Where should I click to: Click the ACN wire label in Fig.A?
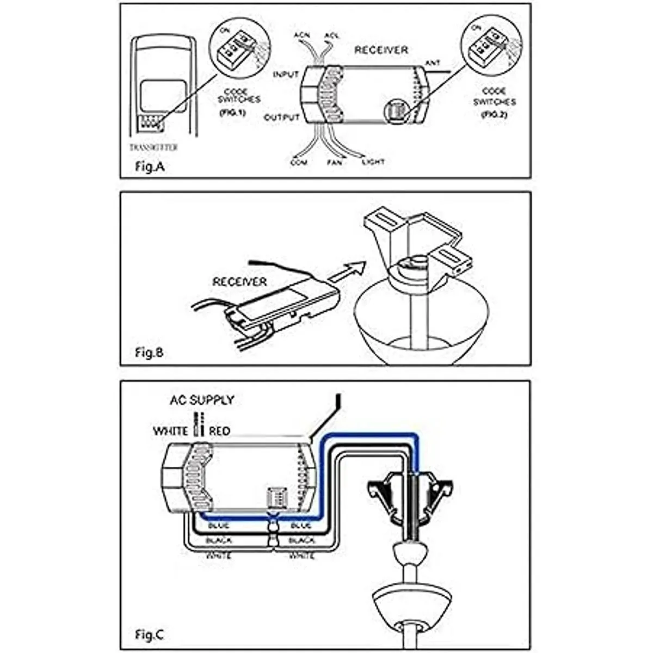[x=302, y=35]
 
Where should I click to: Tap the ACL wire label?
[x=331, y=35]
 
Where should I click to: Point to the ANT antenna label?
[x=433, y=63]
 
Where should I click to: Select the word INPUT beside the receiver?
[x=286, y=74]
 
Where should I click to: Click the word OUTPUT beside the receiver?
[x=281, y=118]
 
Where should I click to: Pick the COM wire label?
[x=299, y=162]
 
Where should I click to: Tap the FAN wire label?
[x=334, y=162]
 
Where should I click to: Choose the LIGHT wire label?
[x=373, y=162]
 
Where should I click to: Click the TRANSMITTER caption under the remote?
[x=154, y=147]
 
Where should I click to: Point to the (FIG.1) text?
[x=233, y=113]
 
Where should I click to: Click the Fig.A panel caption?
[x=149, y=167]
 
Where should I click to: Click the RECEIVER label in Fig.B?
[x=239, y=282]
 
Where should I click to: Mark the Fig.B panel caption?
[x=149, y=352]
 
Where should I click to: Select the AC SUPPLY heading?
[x=202, y=400]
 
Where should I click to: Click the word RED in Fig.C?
[x=219, y=431]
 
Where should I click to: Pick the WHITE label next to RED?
[x=170, y=431]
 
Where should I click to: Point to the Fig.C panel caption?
[x=149, y=634]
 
